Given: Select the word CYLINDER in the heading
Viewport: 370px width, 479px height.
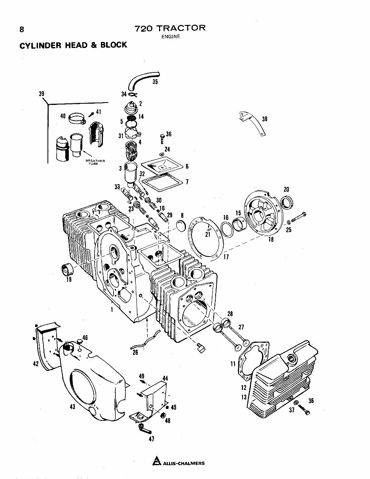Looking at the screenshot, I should (38, 45).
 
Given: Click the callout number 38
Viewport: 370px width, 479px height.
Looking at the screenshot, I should (264, 119).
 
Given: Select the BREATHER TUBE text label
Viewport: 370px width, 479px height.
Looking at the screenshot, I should (95, 162).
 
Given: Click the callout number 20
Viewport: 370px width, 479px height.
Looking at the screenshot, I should (287, 189).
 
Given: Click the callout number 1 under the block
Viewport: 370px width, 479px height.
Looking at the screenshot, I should (112, 310).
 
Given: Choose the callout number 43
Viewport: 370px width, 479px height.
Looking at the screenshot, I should (72, 407).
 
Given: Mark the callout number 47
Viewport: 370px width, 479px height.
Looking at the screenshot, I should (151, 438).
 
